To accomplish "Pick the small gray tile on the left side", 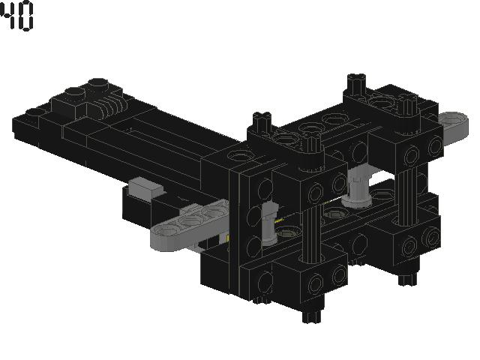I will click(145, 187).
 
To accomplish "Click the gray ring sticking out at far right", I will click(453, 120).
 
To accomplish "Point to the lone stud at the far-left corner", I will click(33, 112).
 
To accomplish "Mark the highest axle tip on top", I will click(356, 79).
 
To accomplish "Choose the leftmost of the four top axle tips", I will click(262, 118).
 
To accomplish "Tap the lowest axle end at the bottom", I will click(310, 315).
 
